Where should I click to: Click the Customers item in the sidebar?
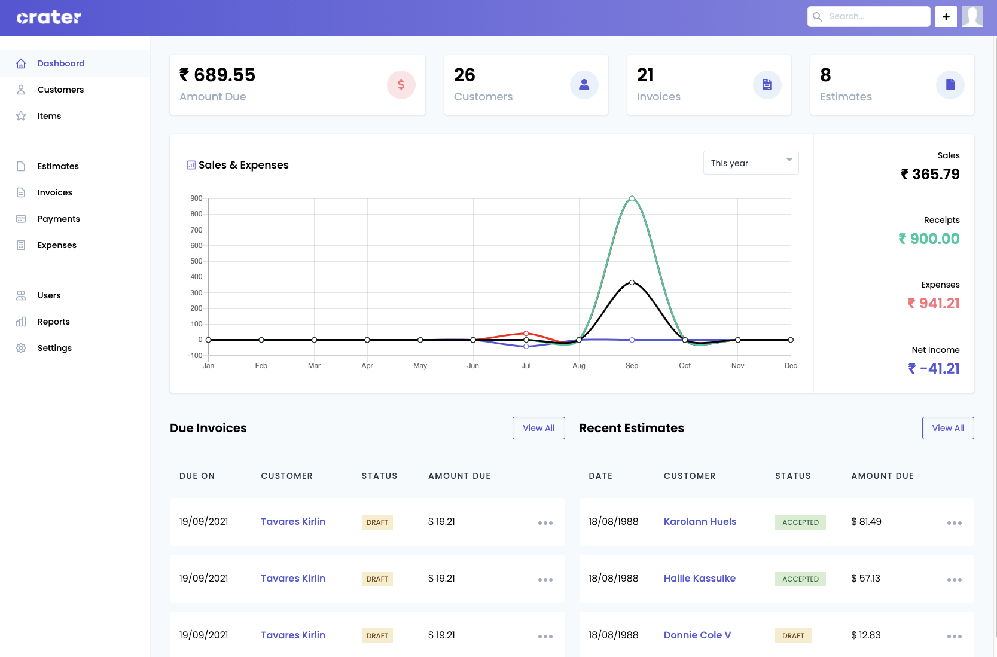(x=60, y=90)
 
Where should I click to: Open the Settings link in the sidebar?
(x=54, y=348)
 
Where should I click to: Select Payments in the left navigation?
(x=58, y=219)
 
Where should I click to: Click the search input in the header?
(x=876, y=17)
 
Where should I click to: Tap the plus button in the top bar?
(x=946, y=17)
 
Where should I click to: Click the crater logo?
(x=48, y=17)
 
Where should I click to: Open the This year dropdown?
(x=751, y=163)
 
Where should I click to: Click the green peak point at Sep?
(x=632, y=198)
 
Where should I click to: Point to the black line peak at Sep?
(x=632, y=282)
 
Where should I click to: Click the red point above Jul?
(x=526, y=333)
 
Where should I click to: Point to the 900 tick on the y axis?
(x=196, y=198)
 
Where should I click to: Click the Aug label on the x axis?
(x=578, y=366)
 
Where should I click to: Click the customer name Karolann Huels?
(x=700, y=521)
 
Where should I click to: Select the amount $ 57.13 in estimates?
(x=865, y=578)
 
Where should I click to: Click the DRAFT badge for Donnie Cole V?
(x=792, y=635)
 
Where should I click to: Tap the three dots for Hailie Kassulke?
(x=954, y=579)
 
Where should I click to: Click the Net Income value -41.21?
(x=934, y=368)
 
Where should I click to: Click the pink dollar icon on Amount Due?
(x=401, y=85)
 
